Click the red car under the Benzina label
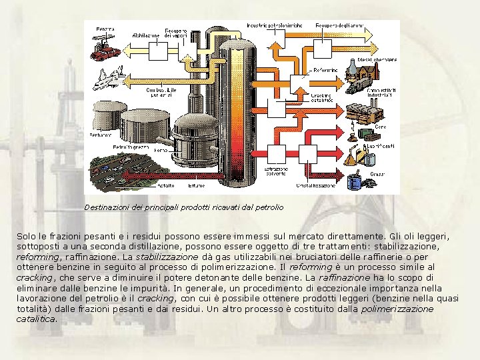pyautogui.click(x=105, y=53)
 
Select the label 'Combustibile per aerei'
pyautogui.click(x=162, y=92)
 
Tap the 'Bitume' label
pyautogui.click(x=197, y=185)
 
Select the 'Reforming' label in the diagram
pyautogui.click(x=325, y=69)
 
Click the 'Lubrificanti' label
pyautogui.click(x=380, y=145)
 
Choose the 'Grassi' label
pyautogui.click(x=377, y=173)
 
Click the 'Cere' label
pyautogui.click(x=380, y=125)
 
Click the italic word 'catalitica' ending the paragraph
pyautogui.click(x=36, y=319)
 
